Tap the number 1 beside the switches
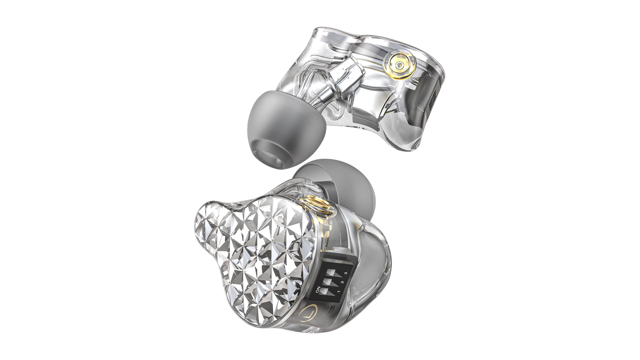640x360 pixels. [x=339, y=292]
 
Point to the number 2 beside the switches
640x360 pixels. [x=342, y=284]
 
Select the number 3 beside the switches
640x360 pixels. [x=346, y=276]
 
